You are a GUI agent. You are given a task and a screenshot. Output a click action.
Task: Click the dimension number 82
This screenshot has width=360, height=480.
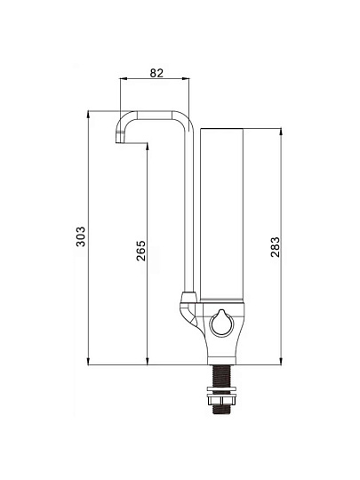[156, 73]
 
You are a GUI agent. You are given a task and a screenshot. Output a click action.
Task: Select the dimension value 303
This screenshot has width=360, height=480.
[81, 236]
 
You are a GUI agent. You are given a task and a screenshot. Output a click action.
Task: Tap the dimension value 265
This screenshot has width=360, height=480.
[140, 251]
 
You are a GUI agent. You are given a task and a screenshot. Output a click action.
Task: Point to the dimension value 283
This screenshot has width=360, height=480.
[276, 247]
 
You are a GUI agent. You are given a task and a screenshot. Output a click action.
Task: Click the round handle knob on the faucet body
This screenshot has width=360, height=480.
[222, 323]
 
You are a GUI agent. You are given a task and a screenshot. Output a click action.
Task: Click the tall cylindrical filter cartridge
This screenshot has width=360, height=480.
[222, 214]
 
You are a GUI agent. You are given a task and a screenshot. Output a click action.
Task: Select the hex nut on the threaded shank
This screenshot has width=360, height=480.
[221, 400]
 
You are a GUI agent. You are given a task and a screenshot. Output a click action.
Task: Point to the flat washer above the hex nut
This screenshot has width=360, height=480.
[221, 388]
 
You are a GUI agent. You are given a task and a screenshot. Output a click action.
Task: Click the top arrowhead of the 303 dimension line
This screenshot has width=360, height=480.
[88, 113]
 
